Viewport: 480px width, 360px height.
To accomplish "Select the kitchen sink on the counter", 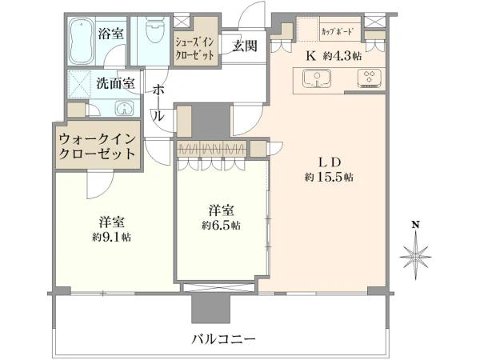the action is click(317, 78).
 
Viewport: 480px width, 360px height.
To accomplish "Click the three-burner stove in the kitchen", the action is click(370, 78).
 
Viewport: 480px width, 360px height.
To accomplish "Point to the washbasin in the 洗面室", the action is click(124, 108).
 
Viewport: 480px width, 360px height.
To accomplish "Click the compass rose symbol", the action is click(416, 255).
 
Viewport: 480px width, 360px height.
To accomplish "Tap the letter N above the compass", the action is click(415, 225).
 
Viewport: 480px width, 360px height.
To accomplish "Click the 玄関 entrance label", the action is click(244, 46).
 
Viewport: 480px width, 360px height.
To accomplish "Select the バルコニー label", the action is click(223, 339).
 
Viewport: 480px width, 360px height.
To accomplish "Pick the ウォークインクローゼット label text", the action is click(98, 146).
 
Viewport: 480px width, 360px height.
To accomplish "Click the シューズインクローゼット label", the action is click(194, 49).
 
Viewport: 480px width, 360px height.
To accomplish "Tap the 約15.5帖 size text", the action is click(329, 177).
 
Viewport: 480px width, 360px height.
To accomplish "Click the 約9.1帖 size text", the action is click(112, 236).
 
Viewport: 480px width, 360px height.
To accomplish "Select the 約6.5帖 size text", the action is click(221, 225).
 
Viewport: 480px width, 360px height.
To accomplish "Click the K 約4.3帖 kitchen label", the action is click(334, 56).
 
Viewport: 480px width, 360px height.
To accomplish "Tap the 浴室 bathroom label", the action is click(110, 33).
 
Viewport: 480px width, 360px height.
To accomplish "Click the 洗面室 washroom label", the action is click(116, 82).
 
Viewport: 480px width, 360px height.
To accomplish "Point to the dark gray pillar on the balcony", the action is click(211, 308).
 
